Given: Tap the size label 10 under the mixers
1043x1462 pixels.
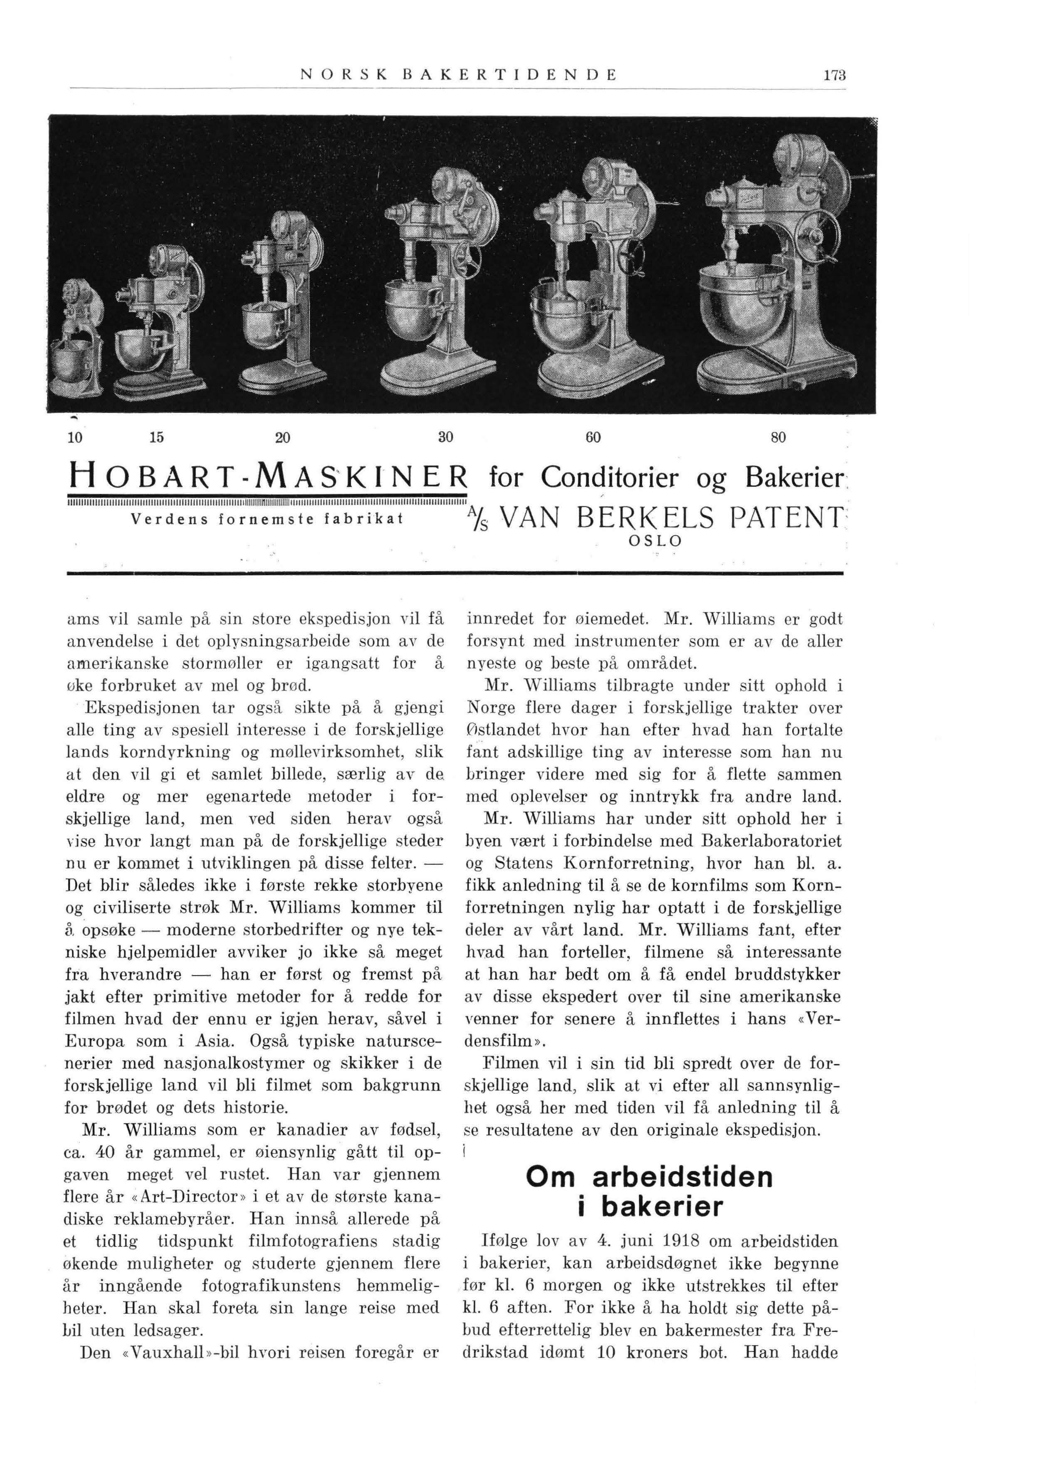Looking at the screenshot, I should point(74,438).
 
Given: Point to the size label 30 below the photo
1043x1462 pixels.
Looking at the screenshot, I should point(446,438).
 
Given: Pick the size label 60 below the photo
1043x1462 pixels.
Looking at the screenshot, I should point(593,438).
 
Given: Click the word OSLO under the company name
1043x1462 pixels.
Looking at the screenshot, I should point(655,541).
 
